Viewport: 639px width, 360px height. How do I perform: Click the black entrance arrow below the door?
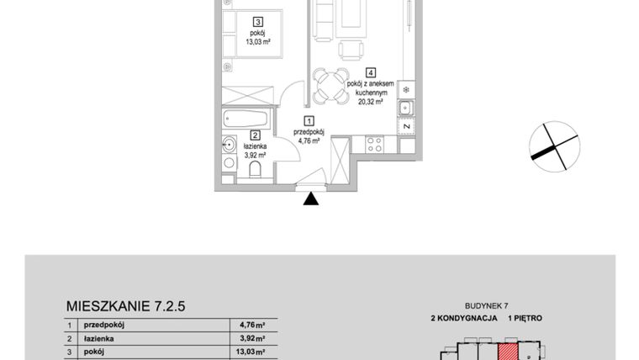(x=311, y=199)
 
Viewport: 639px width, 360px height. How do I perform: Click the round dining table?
(x=331, y=85)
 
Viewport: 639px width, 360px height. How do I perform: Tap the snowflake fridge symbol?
(x=406, y=89)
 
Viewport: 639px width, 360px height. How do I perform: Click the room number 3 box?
(x=259, y=23)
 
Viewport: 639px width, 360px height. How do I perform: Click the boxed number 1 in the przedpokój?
(x=309, y=121)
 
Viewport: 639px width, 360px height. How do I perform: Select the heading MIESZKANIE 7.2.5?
(x=125, y=307)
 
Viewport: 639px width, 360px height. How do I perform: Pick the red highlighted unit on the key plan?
(x=510, y=352)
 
